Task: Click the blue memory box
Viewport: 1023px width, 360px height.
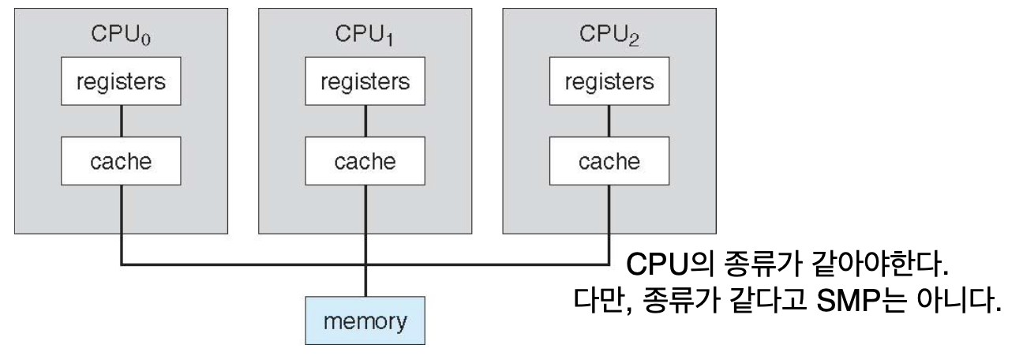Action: click(365, 322)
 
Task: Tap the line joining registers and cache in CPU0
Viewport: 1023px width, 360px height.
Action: click(120, 122)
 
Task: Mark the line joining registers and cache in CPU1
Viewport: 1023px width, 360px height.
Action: click(365, 122)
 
